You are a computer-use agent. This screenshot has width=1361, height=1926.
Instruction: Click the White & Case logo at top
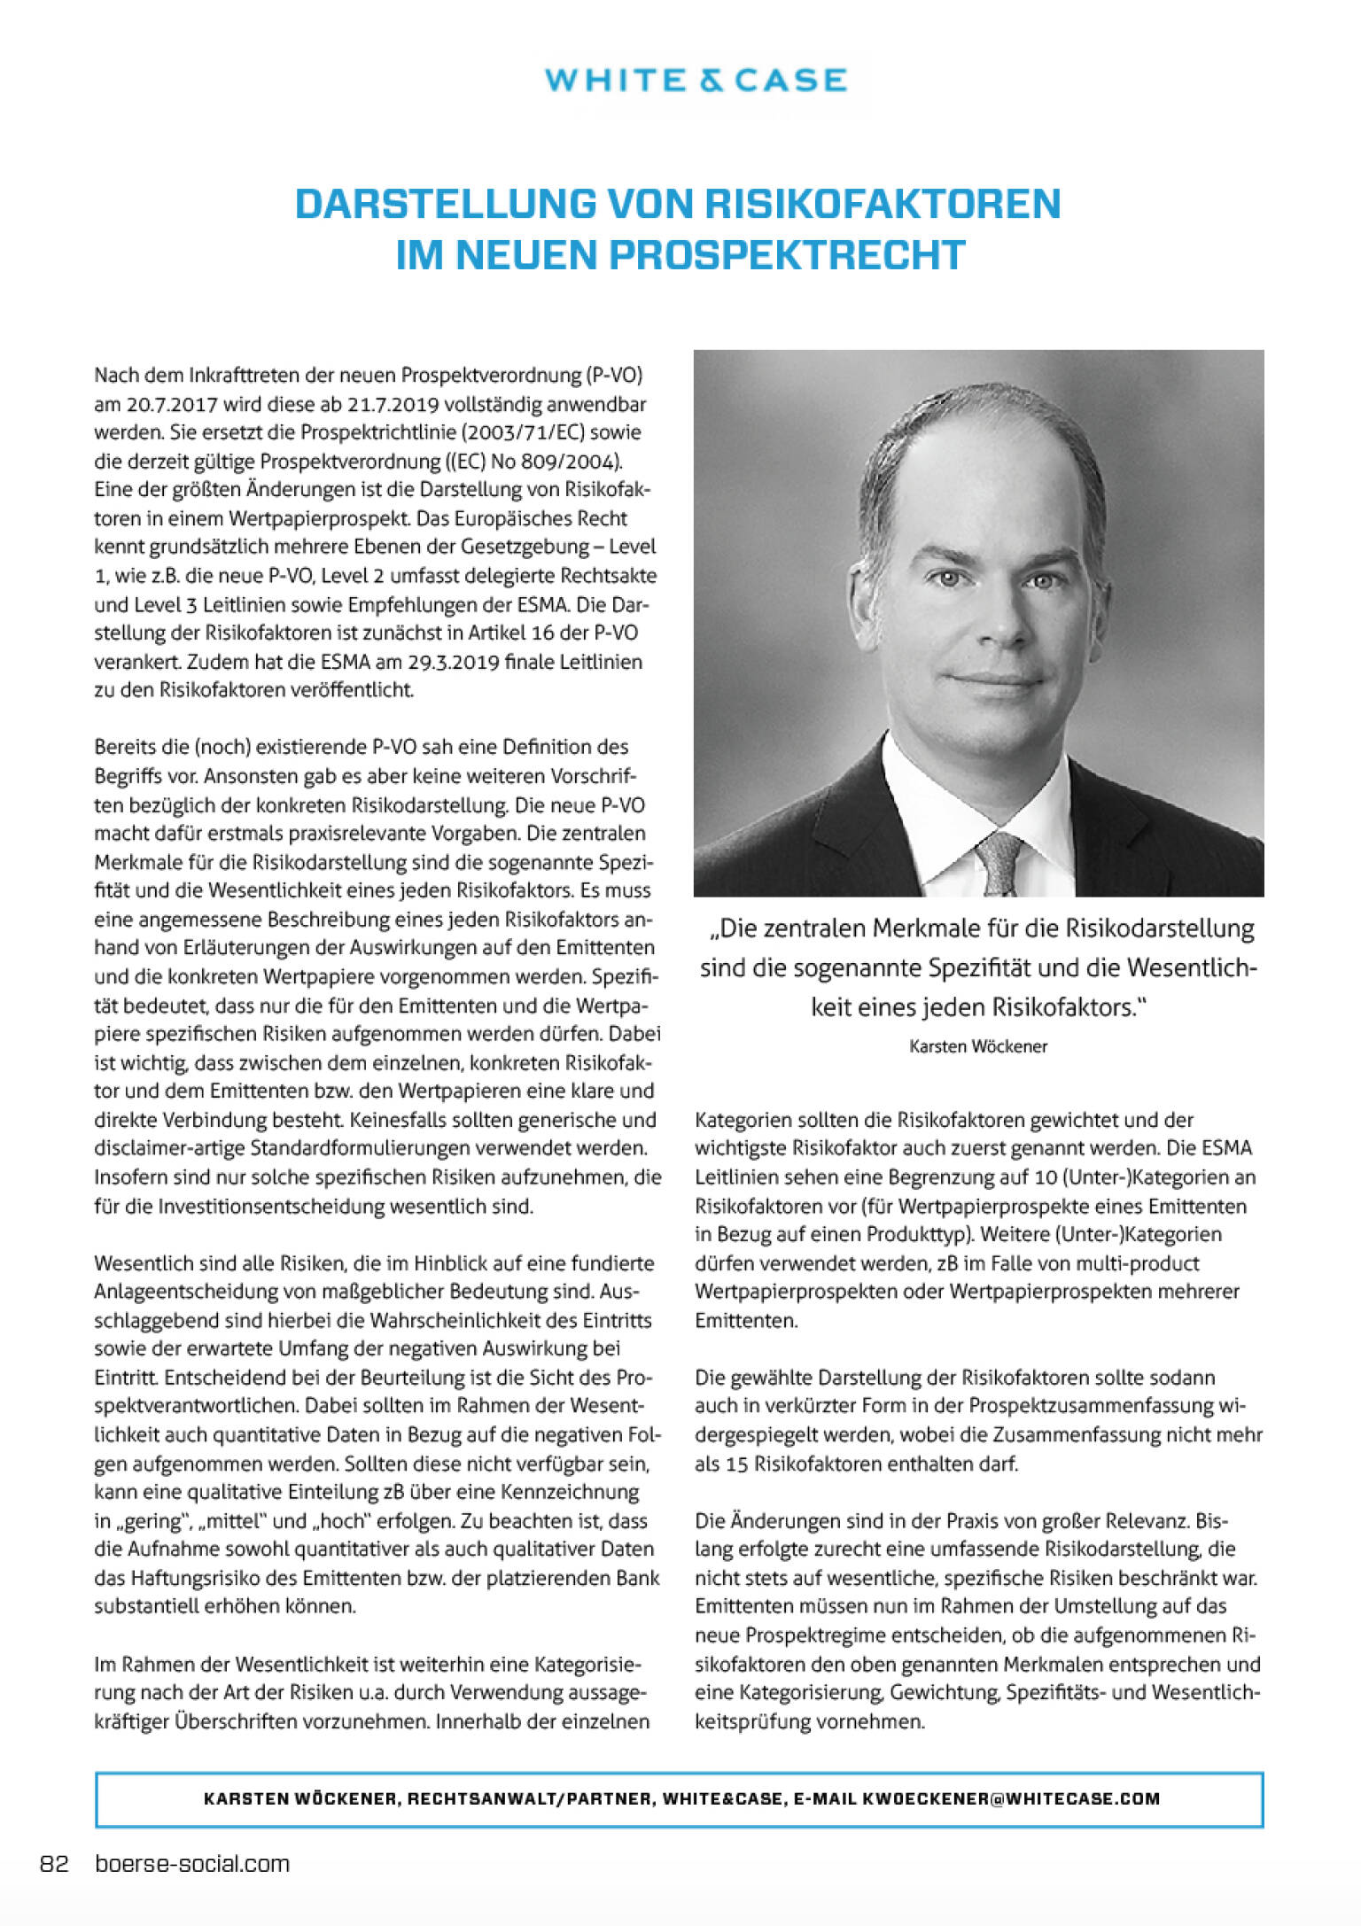click(x=696, y=81)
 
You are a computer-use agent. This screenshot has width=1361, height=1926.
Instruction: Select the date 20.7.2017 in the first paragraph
click(x=171, y=404)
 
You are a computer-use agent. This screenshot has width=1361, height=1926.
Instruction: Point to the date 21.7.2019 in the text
click(x=393, y=404)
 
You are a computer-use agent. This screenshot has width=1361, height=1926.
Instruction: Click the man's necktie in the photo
click(x=999, y=860)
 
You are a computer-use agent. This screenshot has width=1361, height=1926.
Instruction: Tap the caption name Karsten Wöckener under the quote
click(x=978, y=1046)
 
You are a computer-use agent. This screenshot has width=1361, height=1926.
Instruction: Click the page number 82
click(x=54, y=1864)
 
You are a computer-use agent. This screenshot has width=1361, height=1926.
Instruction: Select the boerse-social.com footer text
click(x=192, y=1864)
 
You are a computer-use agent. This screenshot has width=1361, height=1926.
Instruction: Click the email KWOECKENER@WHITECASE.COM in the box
click(x=1011, y=1798)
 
